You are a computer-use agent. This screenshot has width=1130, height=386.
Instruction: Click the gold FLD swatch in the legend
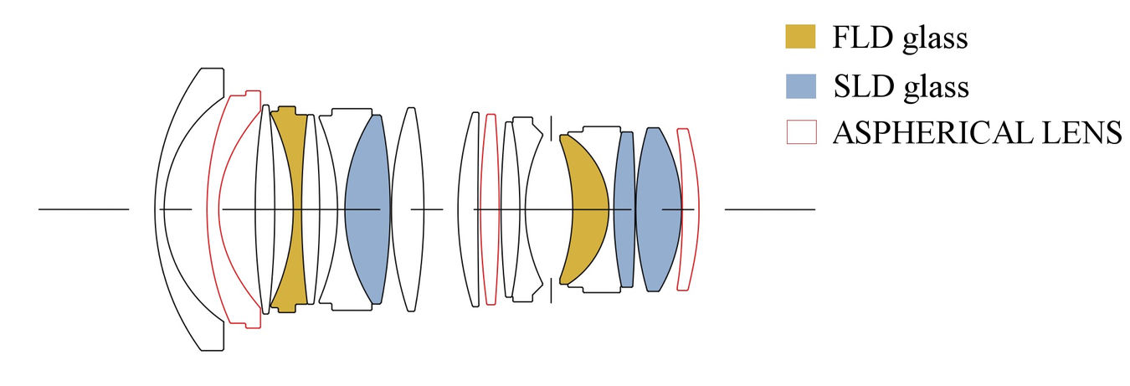800,36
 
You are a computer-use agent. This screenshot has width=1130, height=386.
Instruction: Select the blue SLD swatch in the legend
800,86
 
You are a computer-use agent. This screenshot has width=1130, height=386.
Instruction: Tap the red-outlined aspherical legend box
802,131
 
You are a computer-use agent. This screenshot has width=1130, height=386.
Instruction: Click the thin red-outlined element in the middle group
491,209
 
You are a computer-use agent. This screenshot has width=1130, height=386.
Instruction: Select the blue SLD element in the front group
367,209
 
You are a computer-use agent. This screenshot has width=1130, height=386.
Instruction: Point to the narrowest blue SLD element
624,209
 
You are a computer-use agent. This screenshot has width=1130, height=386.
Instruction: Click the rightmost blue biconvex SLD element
658,209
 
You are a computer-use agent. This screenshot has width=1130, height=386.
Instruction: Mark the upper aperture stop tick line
551,128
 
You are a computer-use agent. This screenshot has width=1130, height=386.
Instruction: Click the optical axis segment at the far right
770,209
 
